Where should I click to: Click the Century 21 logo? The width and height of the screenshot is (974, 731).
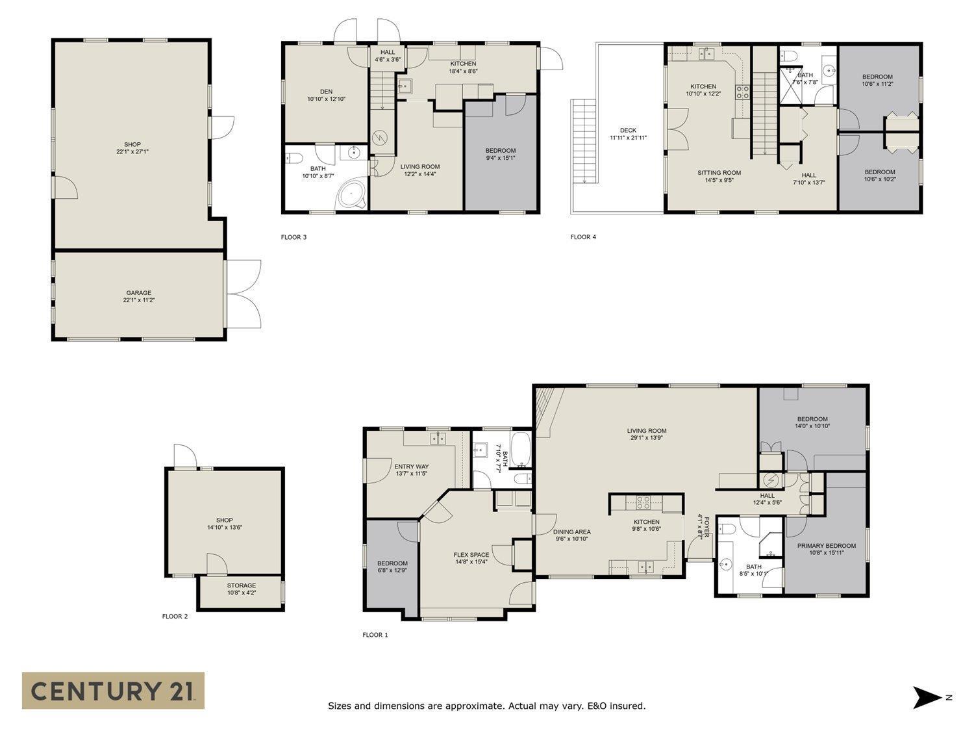point(113,690)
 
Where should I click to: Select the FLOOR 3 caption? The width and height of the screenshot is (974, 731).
point(293,237)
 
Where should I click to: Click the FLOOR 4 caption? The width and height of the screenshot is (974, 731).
point(583,237)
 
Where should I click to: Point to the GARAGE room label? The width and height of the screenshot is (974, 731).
point(139,293)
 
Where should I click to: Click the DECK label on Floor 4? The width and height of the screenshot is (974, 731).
point(628,131)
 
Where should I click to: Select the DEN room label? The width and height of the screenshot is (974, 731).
point(326,92)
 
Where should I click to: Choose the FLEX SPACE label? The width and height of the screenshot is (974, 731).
point(471,555)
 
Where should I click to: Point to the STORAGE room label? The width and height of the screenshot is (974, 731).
point(241,585)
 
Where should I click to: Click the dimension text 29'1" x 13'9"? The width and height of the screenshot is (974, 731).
point(647,438)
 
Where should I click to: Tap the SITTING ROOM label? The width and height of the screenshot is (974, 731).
point(719,173)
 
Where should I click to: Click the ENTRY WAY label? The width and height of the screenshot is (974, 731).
point(411,467)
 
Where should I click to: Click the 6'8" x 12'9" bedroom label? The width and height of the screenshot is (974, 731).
point(392,571)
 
